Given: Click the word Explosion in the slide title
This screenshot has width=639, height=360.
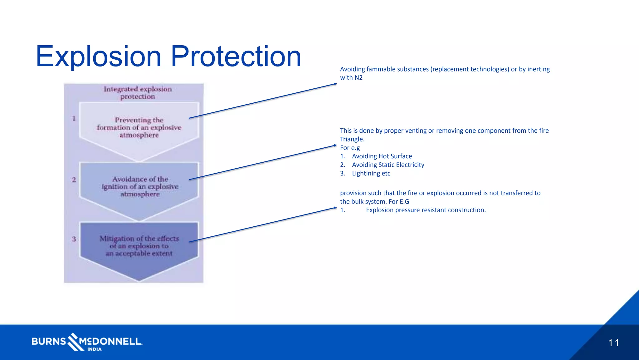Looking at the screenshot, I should coord(99,57).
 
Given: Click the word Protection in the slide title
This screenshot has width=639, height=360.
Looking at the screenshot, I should coord(236,57).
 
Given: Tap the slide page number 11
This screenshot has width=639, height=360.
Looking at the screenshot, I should coord(613,343).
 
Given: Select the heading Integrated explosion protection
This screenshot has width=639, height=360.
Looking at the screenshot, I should coord(138,93).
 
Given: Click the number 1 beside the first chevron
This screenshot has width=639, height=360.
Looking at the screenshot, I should coord(74,119).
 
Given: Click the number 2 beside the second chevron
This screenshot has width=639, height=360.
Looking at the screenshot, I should coord(74,180).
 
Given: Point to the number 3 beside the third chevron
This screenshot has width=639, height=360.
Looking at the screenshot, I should coord(74,239).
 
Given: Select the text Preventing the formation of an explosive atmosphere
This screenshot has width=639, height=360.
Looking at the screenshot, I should coord(139,128).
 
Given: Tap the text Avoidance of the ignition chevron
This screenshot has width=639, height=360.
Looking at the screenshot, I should coord(140,187).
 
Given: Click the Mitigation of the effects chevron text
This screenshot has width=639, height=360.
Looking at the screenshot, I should coord(139,246).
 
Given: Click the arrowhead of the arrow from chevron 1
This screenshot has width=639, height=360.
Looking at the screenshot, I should coord(335,84).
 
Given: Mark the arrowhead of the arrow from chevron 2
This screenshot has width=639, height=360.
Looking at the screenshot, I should coord(335,145).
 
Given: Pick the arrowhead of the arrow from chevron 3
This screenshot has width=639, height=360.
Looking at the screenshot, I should coord(335,208).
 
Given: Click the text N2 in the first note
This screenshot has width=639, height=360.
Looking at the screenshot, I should coord(359,78).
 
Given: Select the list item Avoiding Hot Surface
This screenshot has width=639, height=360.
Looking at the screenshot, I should coord(382,156).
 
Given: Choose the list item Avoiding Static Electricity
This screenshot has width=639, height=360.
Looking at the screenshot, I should coord(388,165).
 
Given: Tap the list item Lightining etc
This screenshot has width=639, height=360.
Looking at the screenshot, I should coord(371,174).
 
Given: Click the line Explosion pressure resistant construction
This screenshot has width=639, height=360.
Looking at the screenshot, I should coord(426,210).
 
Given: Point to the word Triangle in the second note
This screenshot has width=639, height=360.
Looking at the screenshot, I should coord(352,139).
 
